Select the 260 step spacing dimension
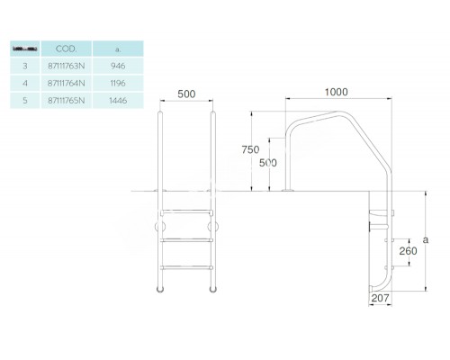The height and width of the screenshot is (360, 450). pos(408,251)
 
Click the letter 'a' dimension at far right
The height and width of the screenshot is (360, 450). pos(430,240)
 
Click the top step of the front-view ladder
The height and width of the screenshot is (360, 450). pos(187,211)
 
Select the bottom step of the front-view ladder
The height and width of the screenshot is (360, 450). pos(187,266)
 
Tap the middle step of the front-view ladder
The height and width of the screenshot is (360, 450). pos(187,238)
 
